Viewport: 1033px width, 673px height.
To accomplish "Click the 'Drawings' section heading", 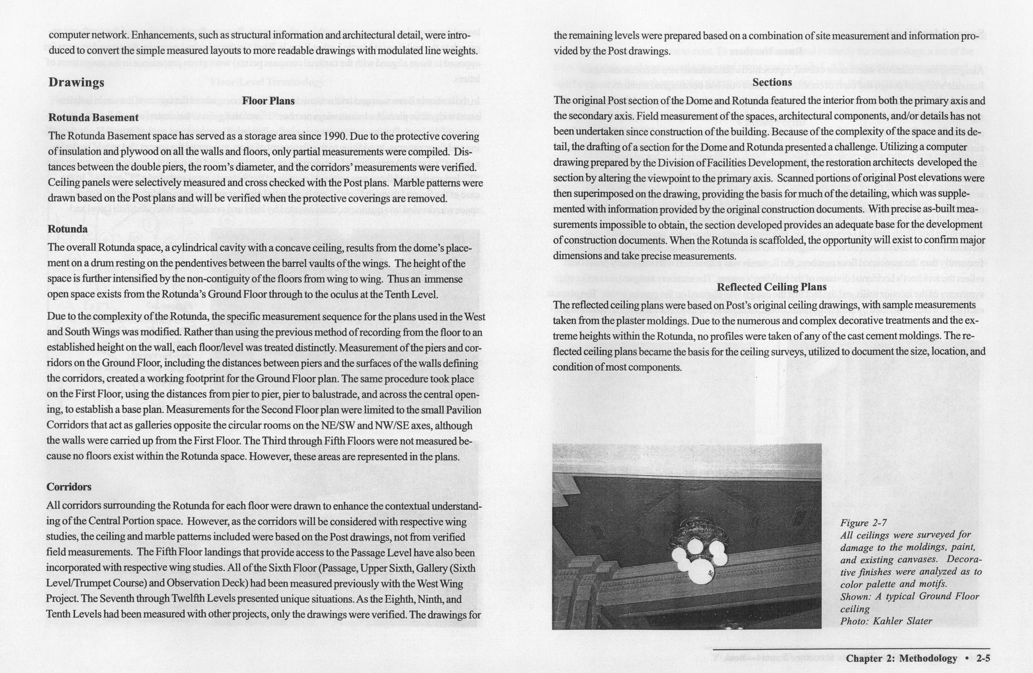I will click(76, 82).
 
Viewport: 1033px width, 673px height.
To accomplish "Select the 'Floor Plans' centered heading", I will click(268, 101).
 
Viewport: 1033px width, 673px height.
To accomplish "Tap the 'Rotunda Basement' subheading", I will click(93, 118).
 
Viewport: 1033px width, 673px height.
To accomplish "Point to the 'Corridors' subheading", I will click(69, 487).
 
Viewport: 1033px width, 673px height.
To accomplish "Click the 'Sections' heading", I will click(772, 82).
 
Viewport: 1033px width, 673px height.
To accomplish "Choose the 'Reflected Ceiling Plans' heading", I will click(772, 287).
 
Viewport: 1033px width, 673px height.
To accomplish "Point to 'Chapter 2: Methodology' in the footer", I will click(901, 658).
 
